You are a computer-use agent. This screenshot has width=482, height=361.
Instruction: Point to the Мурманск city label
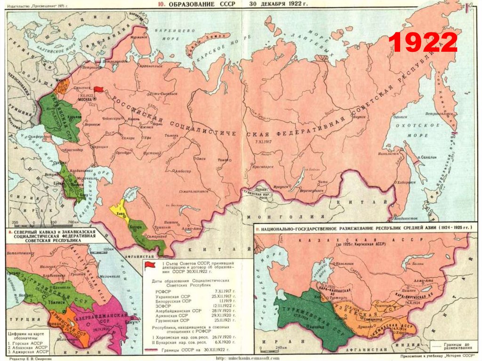coord(139,35)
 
